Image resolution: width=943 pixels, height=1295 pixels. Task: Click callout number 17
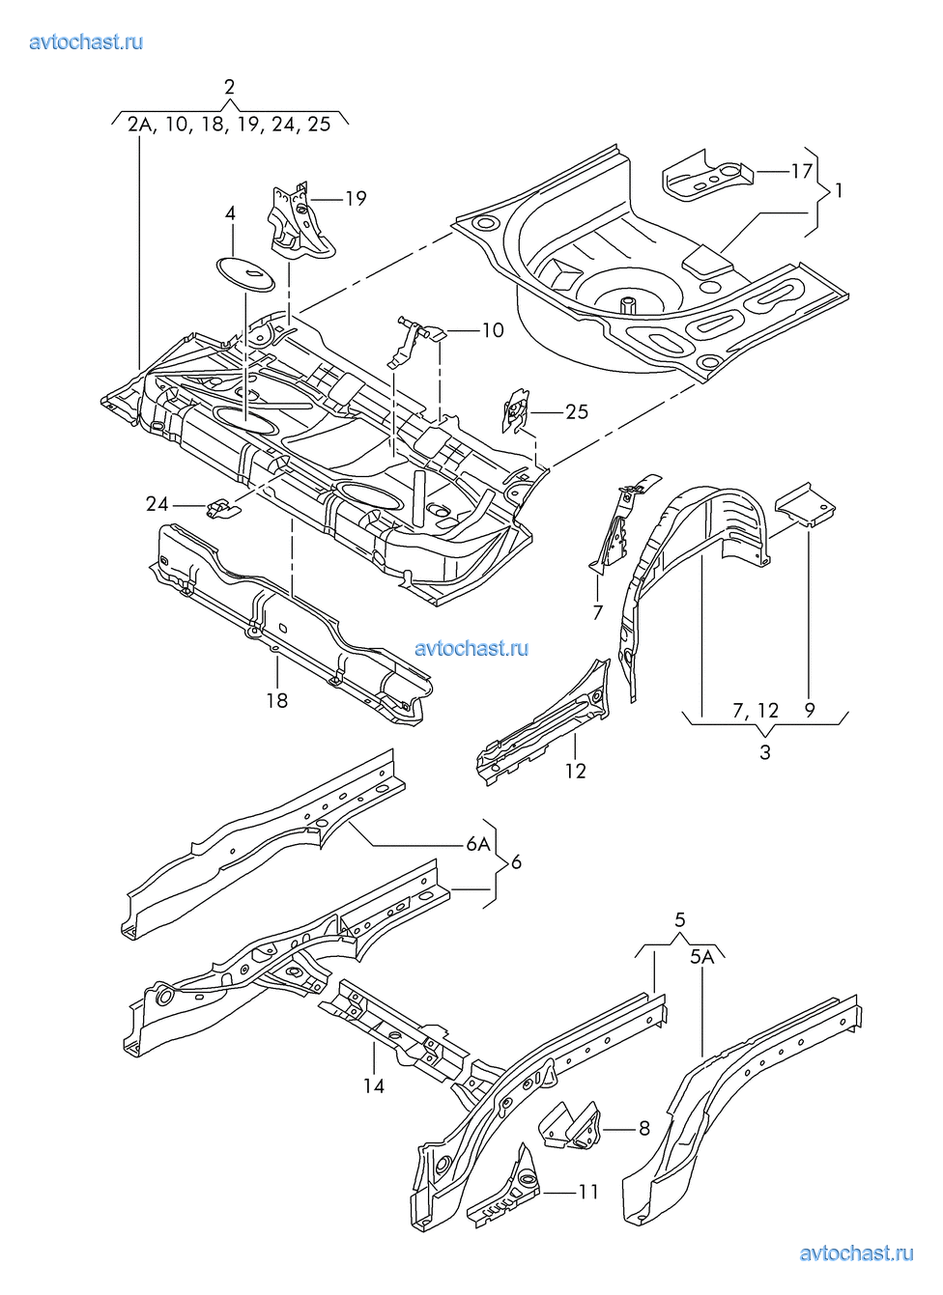point(801,171)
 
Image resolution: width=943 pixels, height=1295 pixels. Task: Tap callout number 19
point(356,198)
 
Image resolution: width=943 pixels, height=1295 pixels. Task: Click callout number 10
point(493,330)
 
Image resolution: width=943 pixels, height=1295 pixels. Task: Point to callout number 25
point(576,412)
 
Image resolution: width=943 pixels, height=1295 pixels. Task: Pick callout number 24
point(157,504)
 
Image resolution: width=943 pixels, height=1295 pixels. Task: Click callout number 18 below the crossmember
point(277,700)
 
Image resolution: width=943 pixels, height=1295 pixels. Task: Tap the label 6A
point(478,844)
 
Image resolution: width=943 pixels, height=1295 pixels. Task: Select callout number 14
point(374,1086)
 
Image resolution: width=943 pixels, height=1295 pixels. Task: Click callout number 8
point(644,1127)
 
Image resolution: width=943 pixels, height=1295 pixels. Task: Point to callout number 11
point(588,1193)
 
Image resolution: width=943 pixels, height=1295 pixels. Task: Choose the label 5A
point(702,957)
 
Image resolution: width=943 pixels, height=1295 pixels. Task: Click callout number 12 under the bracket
point(576,771)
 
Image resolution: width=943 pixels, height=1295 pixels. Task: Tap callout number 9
point(810,711)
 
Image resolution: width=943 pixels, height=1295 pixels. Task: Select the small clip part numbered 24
point(221,507)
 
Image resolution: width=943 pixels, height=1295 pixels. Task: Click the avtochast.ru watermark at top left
point(86,42)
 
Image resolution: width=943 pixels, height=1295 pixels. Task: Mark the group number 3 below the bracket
point(765,752)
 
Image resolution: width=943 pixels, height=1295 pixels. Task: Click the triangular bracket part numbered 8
point(572,1127)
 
